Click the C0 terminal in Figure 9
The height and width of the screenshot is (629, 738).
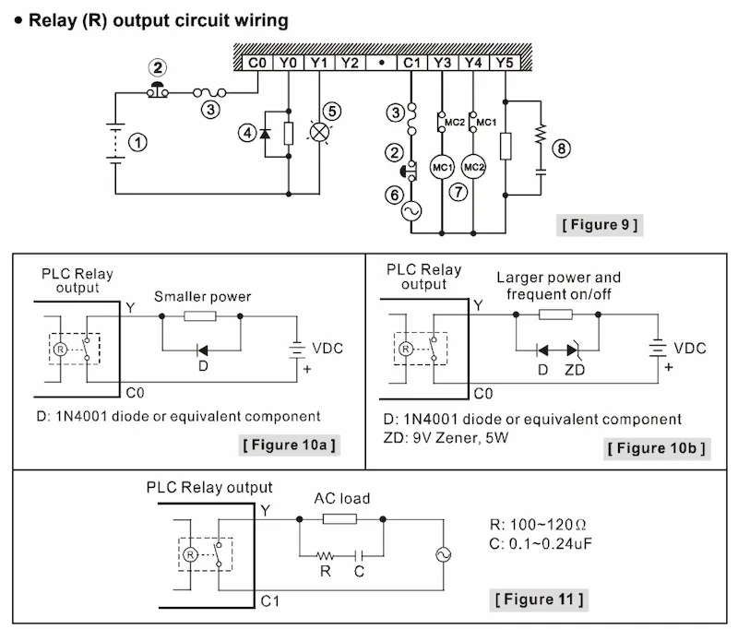(x=258, y=63)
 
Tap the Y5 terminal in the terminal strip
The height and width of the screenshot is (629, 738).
(x=504, y=63)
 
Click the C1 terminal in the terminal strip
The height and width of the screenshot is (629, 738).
(x=411, y=63)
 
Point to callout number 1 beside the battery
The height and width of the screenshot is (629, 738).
(x=137, y=142)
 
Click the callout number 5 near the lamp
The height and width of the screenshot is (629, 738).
(x=332, y=110)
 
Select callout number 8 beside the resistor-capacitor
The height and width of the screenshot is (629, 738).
(x=561, y=148)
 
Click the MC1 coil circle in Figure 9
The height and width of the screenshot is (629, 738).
(x=443, y=167)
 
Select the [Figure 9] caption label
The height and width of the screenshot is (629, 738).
(x=600, y=224)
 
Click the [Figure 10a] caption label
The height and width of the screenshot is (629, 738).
(x=289, y=445)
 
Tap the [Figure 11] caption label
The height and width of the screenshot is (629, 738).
(x=540, y=599)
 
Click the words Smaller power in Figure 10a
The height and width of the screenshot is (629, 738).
(x=202, y=297)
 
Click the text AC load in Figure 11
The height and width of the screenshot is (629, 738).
(x=343, y=499)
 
